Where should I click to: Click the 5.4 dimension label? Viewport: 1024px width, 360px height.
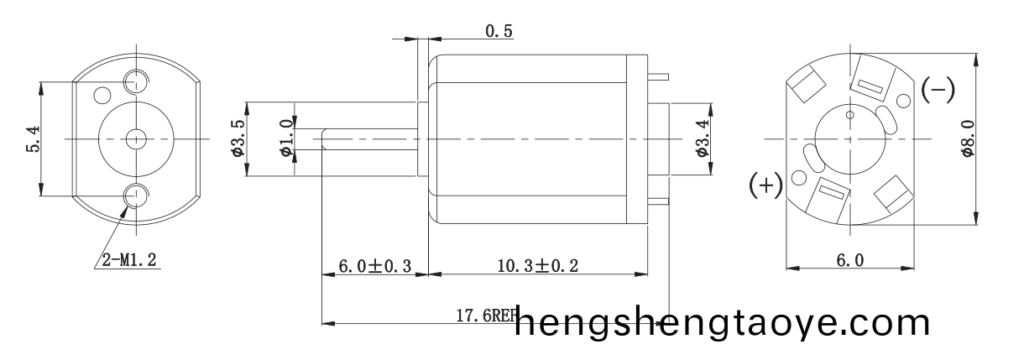coord(33,138)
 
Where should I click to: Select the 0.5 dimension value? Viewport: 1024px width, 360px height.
coord(499,32)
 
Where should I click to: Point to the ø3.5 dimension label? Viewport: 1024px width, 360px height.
coord(237,139)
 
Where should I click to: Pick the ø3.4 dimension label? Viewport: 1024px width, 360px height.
coord(703,139)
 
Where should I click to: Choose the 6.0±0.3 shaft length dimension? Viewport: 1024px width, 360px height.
coord(374,267)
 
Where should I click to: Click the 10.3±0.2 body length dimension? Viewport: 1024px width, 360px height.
coord(539,267)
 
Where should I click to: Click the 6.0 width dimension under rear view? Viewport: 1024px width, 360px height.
coord(849,261)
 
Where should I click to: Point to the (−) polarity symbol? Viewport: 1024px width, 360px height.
coord(938,89)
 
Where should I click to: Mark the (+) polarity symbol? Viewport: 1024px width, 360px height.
coord(765,185)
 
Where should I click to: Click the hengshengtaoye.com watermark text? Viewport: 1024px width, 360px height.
coord(722,323)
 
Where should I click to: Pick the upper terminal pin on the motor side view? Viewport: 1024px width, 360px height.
coord(659,77)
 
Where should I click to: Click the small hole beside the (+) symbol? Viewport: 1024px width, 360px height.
coord(798,178)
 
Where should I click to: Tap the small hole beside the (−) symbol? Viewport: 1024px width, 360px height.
coord(903,101)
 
